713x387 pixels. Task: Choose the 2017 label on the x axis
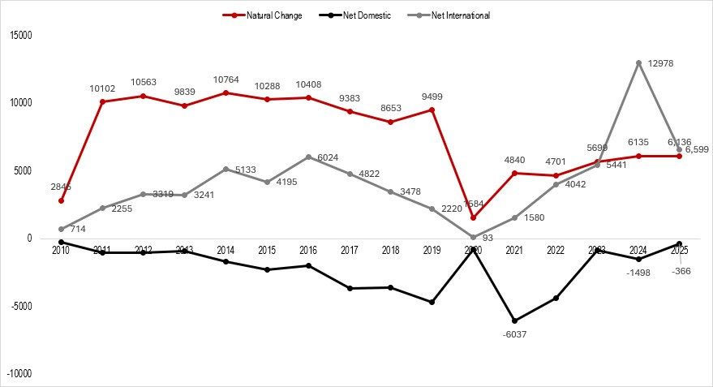350,251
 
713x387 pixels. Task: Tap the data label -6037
515,333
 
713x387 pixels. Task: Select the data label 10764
226,80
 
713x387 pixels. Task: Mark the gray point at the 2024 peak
638,62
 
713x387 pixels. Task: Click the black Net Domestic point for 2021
515,320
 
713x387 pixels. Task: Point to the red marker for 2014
226,92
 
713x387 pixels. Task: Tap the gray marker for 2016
308,157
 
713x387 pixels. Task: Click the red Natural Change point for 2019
432,110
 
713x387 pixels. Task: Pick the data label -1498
638,273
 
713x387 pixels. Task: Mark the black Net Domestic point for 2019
432,302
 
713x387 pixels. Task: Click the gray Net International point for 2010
62,229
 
